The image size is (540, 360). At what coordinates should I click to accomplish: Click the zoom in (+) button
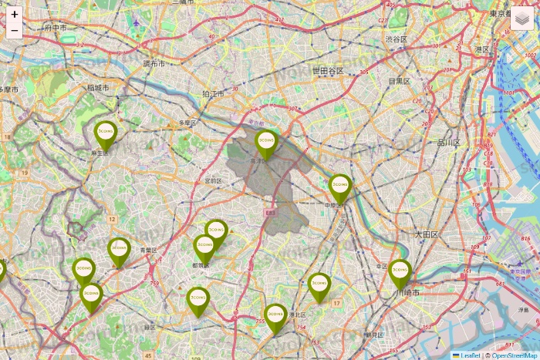point(14,15)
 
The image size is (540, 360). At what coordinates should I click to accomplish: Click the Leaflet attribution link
point(469,355)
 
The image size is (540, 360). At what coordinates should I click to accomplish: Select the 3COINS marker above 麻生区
point(106,134)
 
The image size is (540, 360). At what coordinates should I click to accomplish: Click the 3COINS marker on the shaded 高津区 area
point(266,143)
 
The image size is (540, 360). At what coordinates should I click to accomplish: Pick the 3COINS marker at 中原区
point(340,187)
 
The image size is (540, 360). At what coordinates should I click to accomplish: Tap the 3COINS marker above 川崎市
point(400,272)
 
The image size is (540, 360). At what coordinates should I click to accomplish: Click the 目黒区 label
point(399,81)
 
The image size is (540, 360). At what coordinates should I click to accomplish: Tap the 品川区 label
point(448,143)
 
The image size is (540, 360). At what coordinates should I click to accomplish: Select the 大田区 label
point(425,234)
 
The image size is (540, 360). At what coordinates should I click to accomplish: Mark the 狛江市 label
point(213,94)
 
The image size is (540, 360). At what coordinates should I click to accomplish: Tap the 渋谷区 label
point(396,39)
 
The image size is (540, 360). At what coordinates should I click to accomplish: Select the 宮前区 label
point(214,181)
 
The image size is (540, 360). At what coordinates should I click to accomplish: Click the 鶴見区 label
point(373,335)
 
